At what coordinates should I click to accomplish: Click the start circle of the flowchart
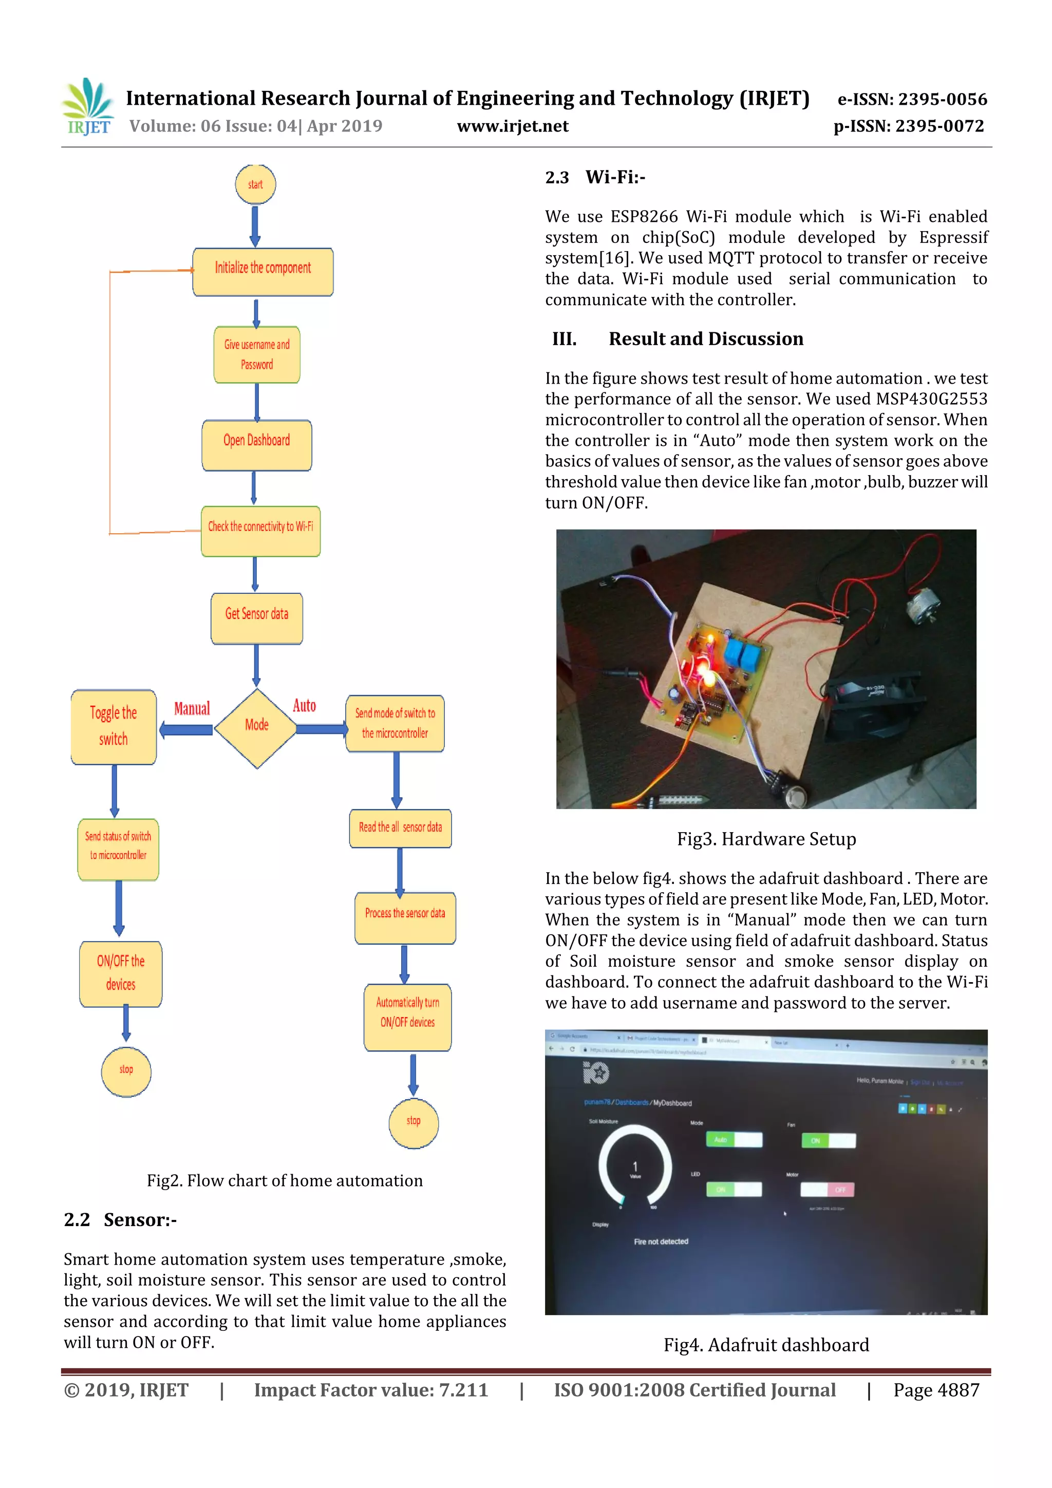(255, 184)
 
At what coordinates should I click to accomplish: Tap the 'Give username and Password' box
(257, 354)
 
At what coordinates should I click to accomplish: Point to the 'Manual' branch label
(192, 708)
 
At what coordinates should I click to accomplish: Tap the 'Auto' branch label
(304, 705)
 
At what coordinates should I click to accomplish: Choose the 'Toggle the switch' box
(114, 726)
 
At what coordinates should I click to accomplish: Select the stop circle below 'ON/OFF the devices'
(126, 1071)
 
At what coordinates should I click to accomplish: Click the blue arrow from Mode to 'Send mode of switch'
(322, 729)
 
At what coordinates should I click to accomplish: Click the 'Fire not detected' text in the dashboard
(661, 1241)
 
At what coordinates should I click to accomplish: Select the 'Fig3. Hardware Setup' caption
(766, 839)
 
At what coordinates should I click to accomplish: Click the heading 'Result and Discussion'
(705, 338)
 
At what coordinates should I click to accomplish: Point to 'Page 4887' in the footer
(936, 1389)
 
